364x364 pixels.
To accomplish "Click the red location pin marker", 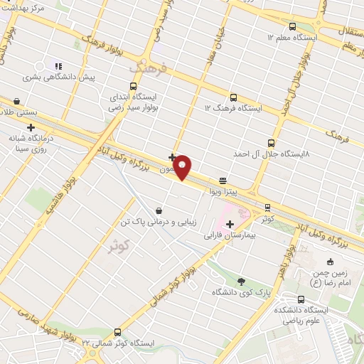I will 183,167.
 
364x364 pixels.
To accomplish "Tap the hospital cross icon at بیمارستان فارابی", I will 229,224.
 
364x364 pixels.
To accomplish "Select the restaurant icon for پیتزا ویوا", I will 223,181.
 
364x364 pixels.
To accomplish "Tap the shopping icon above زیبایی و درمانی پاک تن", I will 158,210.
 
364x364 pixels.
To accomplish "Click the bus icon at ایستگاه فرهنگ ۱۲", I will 232,97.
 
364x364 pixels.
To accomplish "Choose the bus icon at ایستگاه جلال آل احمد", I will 278,142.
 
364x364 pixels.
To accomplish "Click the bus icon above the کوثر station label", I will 267,208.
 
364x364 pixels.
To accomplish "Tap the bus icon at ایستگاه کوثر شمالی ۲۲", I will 117,332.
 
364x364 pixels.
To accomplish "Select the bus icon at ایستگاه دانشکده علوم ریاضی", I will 301,299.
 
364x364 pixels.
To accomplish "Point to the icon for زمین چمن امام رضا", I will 333,262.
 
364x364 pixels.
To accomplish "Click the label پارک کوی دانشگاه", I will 241,292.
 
